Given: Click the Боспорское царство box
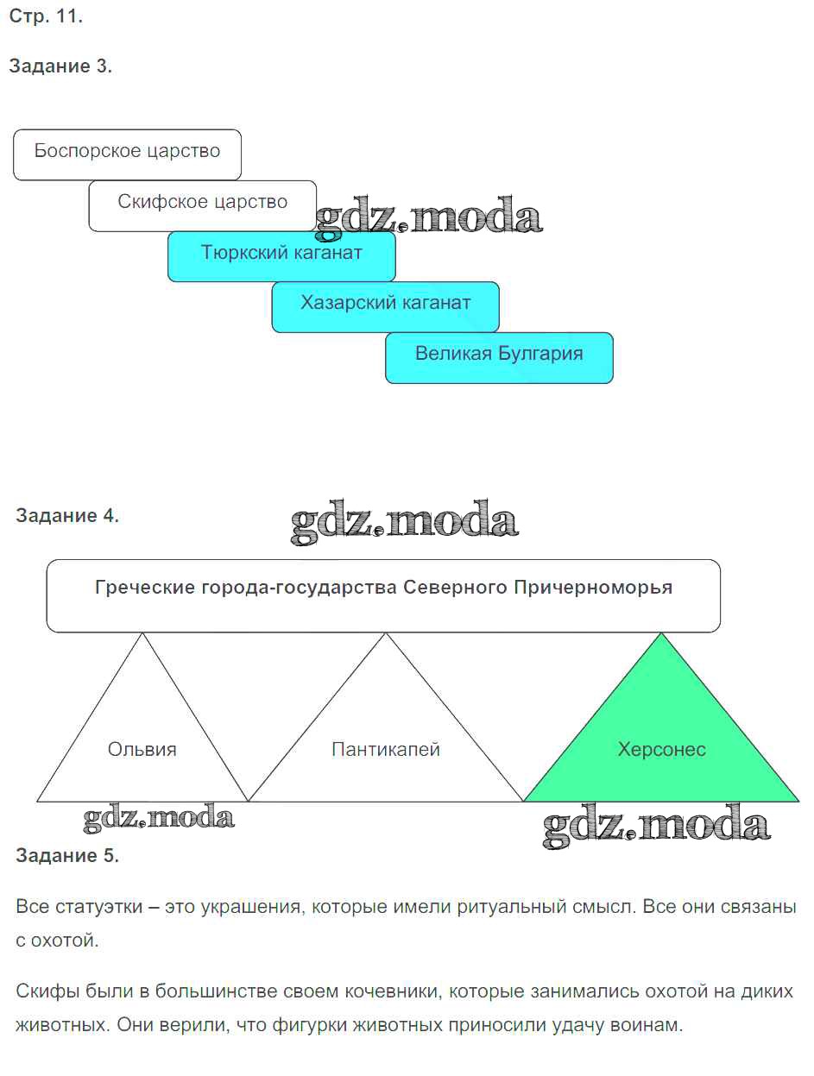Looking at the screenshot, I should (127, 154).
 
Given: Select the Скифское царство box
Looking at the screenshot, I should (202, 205).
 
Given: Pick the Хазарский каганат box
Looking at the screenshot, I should (385, 305).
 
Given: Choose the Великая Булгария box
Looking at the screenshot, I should (499, 356).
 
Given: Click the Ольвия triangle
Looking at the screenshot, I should (142, 749).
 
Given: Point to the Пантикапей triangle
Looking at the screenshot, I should (386, 749).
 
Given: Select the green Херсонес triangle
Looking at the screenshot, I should (661, 749).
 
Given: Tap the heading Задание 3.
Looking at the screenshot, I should (60, 66).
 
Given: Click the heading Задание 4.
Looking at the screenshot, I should (67, 516).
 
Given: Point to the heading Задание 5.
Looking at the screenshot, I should (67, 856).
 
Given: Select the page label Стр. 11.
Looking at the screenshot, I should (46, 16).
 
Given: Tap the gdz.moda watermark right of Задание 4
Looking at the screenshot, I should (404, 521).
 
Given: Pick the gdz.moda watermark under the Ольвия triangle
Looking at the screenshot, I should (159, 818).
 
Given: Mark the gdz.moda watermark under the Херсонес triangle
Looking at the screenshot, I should (656, 826).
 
